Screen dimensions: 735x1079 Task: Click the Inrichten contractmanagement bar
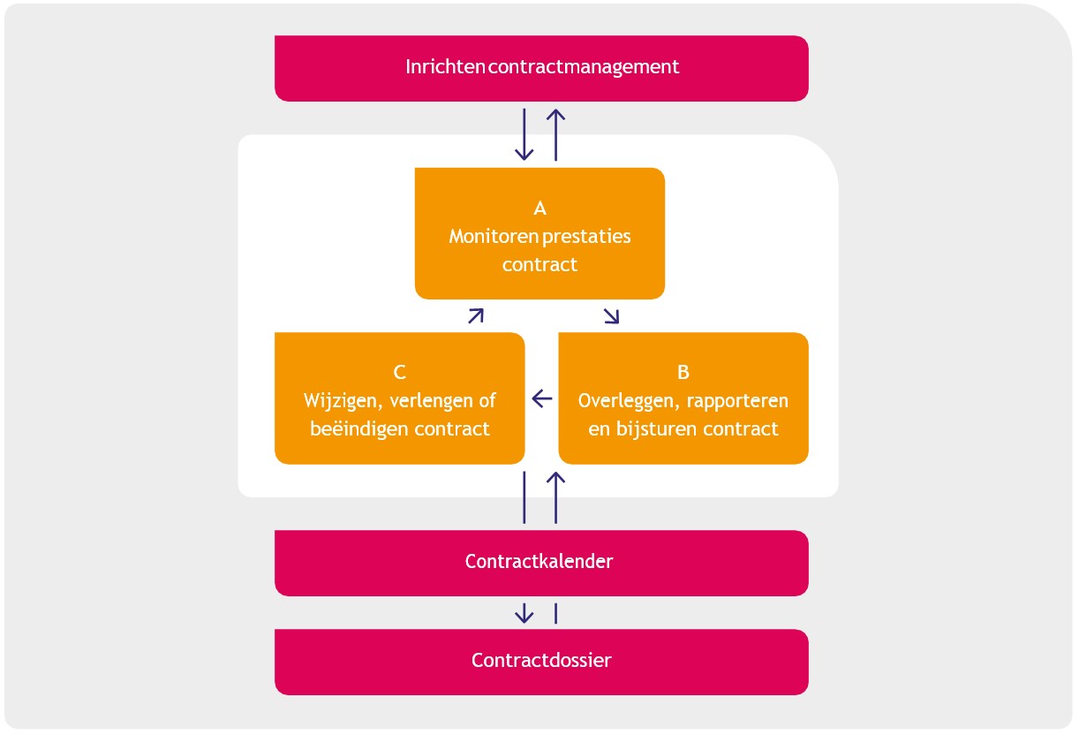(541, 68)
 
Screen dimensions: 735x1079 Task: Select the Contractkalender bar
(541, 562)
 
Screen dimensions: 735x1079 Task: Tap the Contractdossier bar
(541, 661)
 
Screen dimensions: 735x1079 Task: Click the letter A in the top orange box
(540, 208)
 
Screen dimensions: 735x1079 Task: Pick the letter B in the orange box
(683, 372)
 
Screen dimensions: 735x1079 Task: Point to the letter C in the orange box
(399, 372)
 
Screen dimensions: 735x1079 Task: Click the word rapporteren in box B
(736, 401)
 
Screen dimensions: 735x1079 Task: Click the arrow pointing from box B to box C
(542, 398)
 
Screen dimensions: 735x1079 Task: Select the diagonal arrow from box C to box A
(476, 315)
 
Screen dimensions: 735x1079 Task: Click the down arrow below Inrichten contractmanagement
(524, 135)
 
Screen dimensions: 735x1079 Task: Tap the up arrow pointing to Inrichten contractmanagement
(555, 134)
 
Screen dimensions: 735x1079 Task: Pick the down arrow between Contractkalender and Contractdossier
(524, 612)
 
